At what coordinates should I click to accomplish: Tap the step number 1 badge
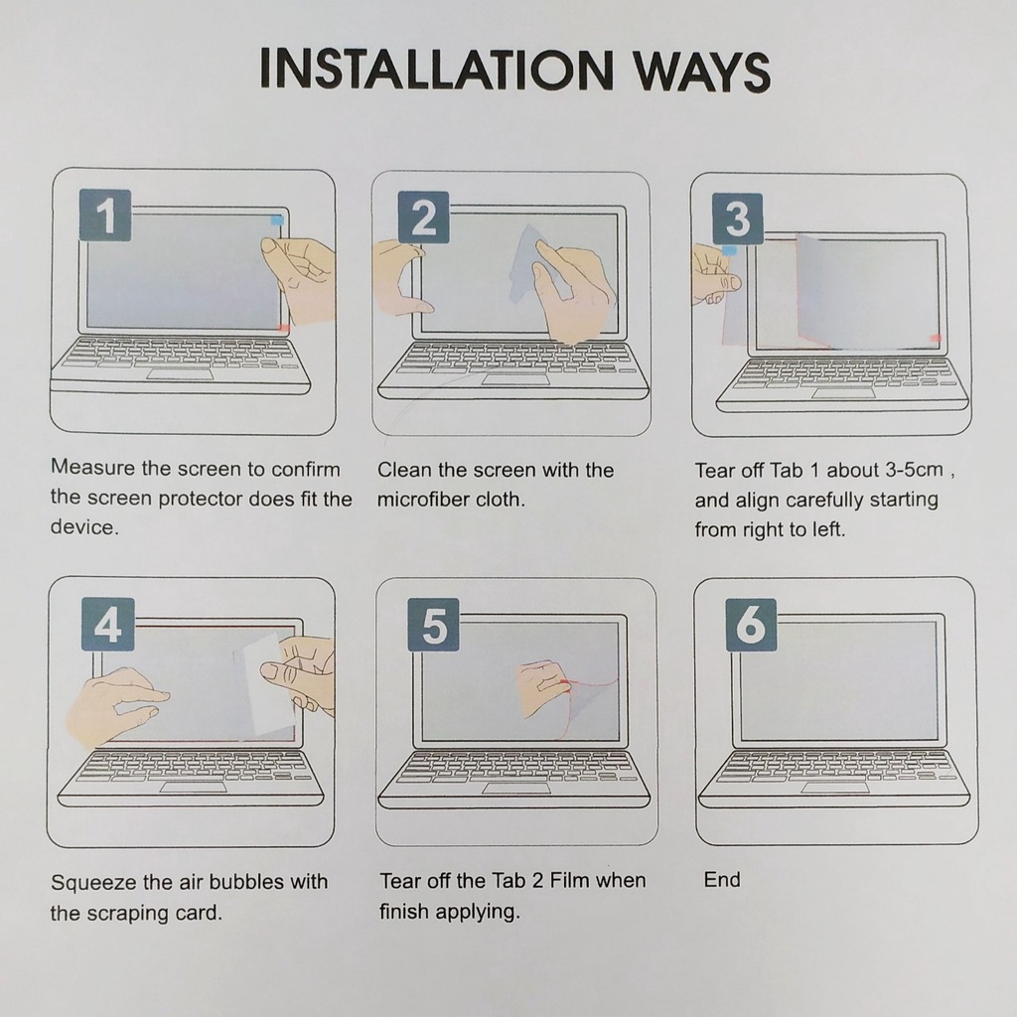pos(105,216)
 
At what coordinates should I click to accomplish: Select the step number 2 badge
pos(423,218)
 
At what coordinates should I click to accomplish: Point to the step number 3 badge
pos(738,218)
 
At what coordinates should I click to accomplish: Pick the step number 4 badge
pos(107,625)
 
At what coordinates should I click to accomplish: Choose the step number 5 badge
pos(433,626)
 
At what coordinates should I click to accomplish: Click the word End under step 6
pos(722,880)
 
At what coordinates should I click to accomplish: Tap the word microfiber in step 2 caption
pos(423,500)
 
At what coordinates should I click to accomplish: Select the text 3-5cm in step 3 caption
pos(914,470)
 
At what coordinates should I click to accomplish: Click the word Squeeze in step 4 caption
pos(93,883)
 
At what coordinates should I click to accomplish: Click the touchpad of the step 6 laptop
pos(835,788)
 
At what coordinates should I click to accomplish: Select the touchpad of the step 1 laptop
pos(181,374)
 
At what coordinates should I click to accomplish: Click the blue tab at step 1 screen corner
pos(277,220)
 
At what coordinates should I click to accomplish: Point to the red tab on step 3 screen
pos(936,338)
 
